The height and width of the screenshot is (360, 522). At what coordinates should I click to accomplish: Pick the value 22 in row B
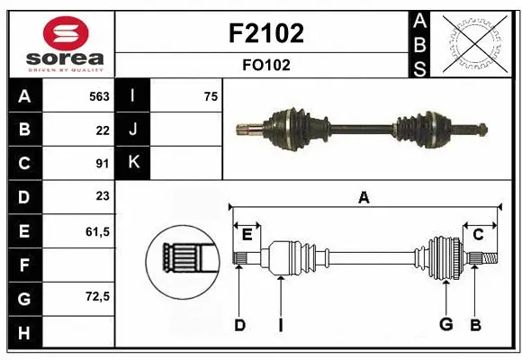pos(103,130)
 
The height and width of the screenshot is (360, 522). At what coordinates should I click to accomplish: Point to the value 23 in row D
pos(103,196)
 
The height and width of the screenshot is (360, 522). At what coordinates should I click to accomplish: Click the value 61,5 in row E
pos(97,231)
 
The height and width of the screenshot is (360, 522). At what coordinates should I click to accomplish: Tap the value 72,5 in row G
pos(97,296)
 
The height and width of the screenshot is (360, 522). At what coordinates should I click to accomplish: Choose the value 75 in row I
pos(211,96)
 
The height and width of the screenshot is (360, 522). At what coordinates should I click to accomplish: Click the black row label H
pos(23,332)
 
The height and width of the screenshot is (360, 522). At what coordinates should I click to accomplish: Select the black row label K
pos(133,163)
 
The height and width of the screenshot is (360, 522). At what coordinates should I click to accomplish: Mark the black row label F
pos(23,265)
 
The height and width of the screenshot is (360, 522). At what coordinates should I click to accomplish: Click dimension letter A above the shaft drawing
pos(364,197)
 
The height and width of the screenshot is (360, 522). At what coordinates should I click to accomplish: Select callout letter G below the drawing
pos(445,325)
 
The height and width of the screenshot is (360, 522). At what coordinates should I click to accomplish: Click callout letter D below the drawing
pos(239,325)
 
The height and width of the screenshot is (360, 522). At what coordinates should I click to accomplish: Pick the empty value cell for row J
pos(186,130)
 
